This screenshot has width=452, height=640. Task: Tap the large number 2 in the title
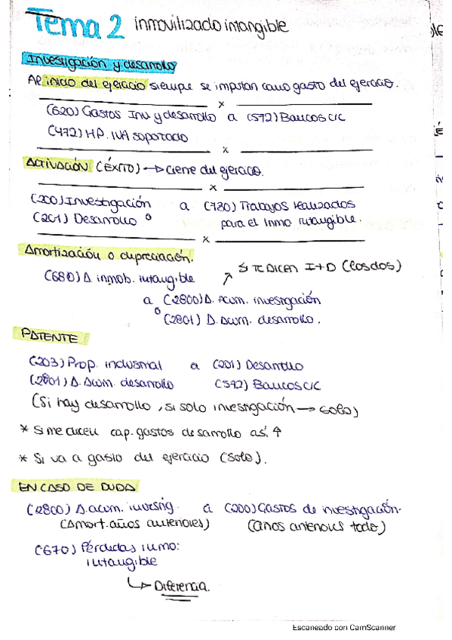coord(114,29)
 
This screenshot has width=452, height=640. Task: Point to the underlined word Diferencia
coord(180,585)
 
